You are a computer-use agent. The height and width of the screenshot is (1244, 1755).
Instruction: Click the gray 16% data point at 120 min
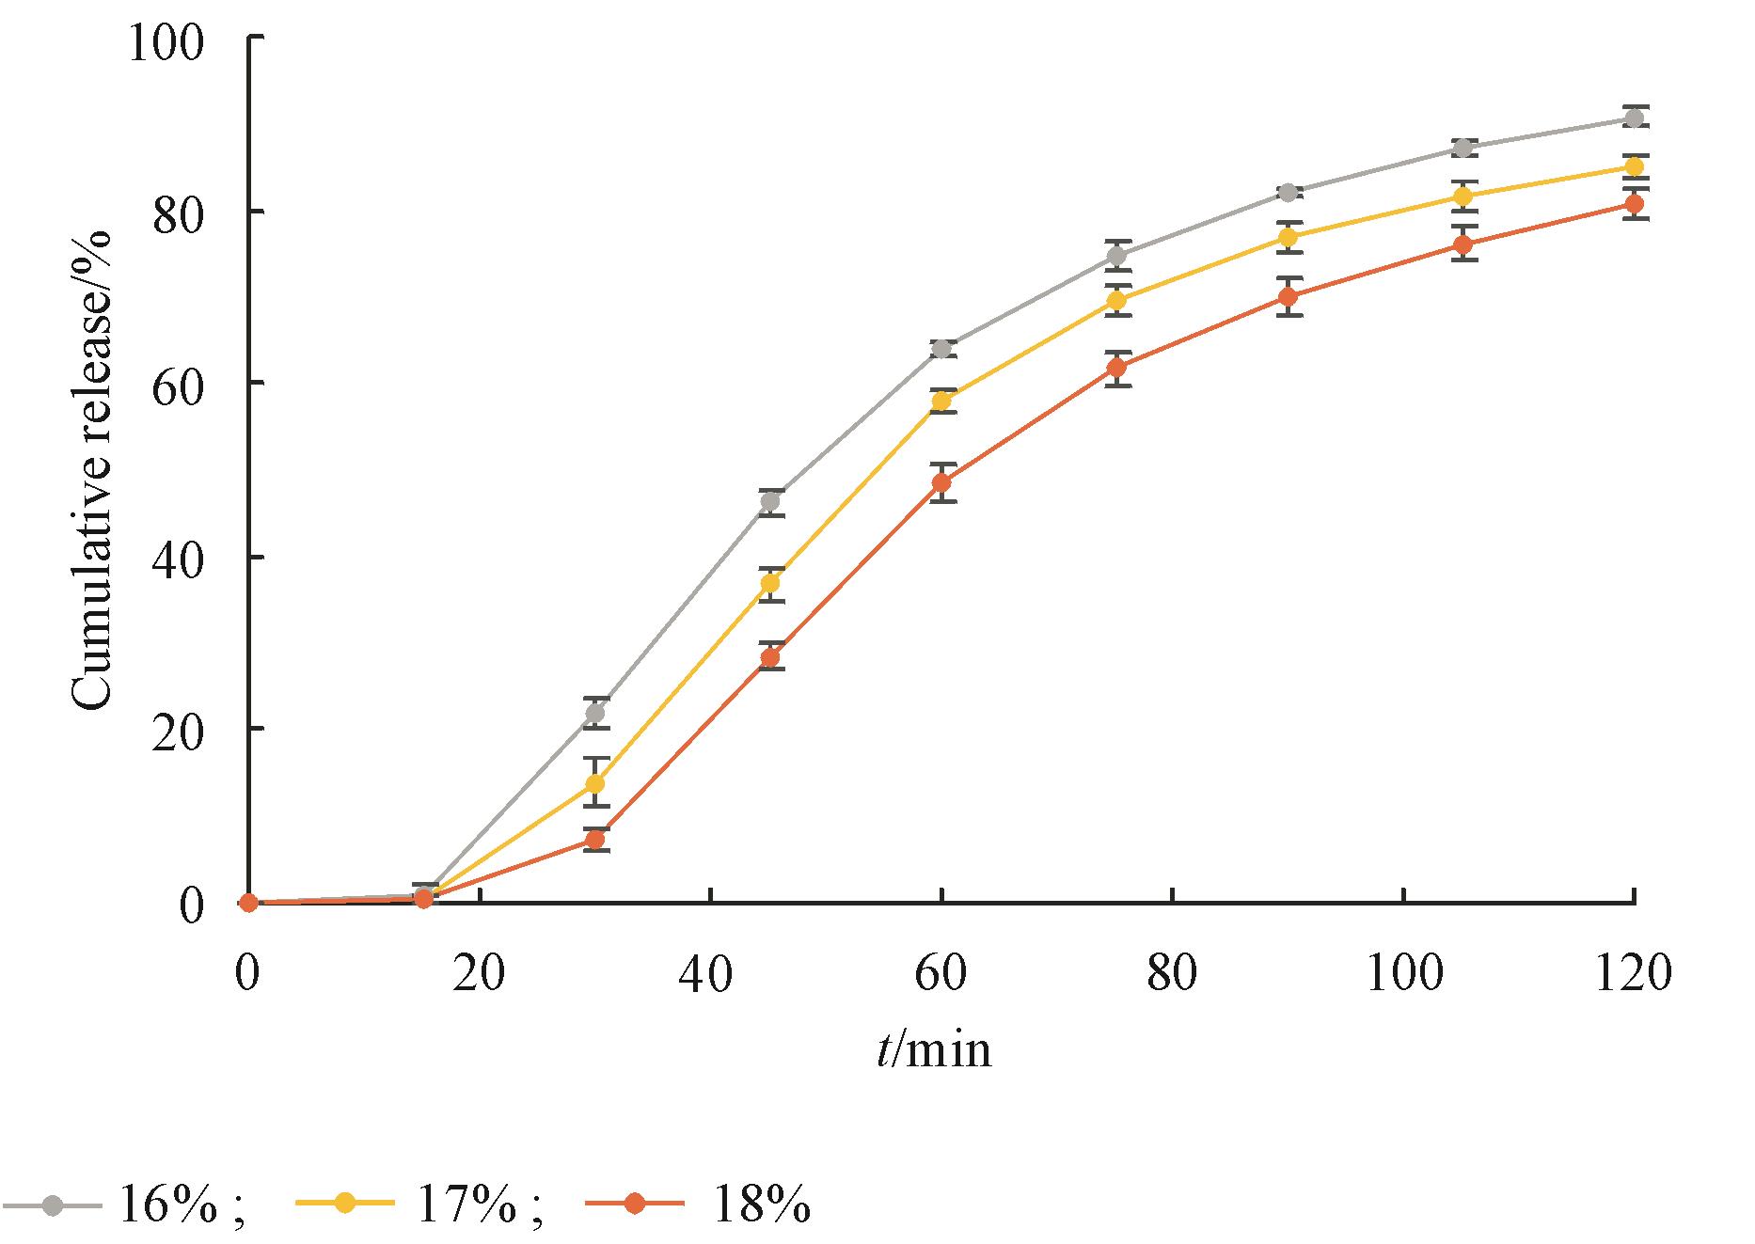[1635, 118]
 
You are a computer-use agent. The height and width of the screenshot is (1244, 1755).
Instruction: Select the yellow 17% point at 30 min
[594, 783]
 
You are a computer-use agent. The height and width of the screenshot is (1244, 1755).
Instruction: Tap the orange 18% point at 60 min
[941, 483]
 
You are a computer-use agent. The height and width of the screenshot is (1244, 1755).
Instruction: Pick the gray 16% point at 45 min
[770, 501]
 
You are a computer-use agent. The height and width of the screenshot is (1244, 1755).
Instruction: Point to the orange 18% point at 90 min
[1289, 296]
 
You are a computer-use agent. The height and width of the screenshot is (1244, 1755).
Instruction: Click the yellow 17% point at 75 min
[1116, 300]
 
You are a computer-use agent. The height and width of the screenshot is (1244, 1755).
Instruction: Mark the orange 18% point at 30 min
[594, 840]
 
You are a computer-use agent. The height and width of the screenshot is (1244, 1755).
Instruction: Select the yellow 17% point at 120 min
[1635, 166]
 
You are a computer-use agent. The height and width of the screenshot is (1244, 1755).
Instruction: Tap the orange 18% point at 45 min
[770, 657]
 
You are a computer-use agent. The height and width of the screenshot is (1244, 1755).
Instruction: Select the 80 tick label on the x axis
[1172, 973]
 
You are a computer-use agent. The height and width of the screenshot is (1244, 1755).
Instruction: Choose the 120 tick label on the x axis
[1633, 973]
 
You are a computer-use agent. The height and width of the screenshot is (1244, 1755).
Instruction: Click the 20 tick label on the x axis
[479, 973]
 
